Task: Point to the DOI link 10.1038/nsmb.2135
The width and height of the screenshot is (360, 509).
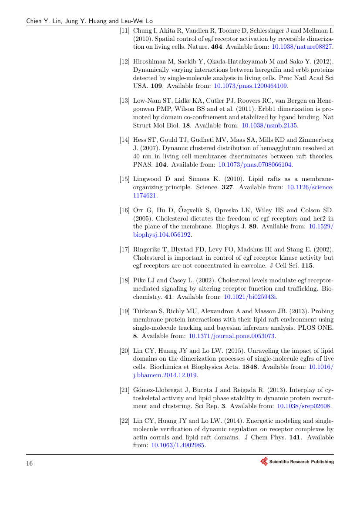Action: tap(269, 125)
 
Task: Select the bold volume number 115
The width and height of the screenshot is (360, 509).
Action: tap(307, 266)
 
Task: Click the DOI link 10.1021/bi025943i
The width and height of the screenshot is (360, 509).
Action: tap(250, 297)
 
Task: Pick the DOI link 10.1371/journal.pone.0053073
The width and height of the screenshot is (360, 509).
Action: tap(232, 336)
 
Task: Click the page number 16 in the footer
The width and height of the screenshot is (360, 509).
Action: tap(30, 463)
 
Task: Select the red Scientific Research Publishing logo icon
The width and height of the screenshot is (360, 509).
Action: tap(264, 462)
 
